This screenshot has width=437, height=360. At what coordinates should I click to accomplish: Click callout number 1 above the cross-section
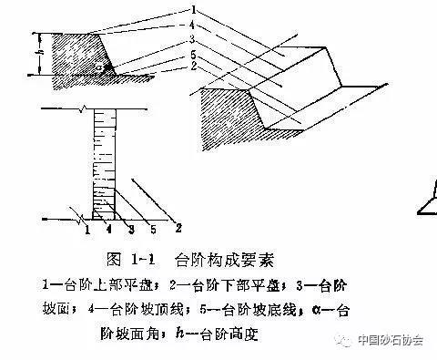[196, 9]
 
